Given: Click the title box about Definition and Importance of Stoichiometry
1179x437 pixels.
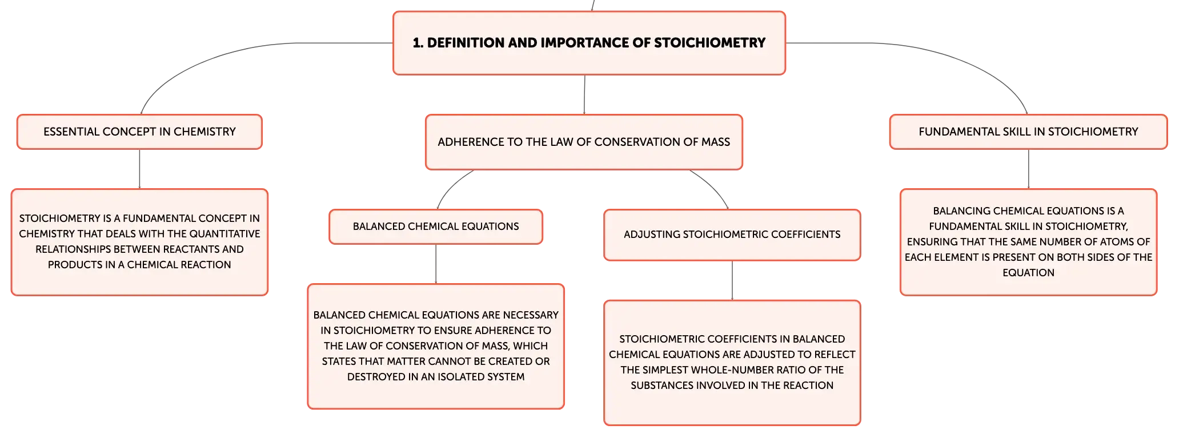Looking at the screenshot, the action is (x=589, y=43).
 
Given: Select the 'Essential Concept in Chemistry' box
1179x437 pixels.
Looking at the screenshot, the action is (x=139, y=132).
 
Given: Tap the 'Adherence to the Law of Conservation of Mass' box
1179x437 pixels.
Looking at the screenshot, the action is (x=584, y=142).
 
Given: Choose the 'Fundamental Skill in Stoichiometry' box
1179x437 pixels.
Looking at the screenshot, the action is (x=1028, y=132).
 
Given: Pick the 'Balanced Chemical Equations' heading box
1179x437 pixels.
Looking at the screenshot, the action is (x=436, y=227).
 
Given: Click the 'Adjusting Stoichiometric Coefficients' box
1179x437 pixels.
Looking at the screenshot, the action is (x=732, y=235).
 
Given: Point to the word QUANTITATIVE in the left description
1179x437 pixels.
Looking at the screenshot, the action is (x=225, y=234).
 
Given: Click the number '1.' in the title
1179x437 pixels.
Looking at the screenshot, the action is (x=418, y=43).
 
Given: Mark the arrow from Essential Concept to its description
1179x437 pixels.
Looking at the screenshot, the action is (x=139, y=169).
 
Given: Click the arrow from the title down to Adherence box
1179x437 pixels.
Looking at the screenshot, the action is (x=584, y=95).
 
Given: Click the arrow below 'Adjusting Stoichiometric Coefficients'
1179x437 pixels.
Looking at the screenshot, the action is (x=732, y=281).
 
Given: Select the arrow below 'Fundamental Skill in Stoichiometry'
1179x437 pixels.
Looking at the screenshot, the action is (x=1028, y=169).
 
